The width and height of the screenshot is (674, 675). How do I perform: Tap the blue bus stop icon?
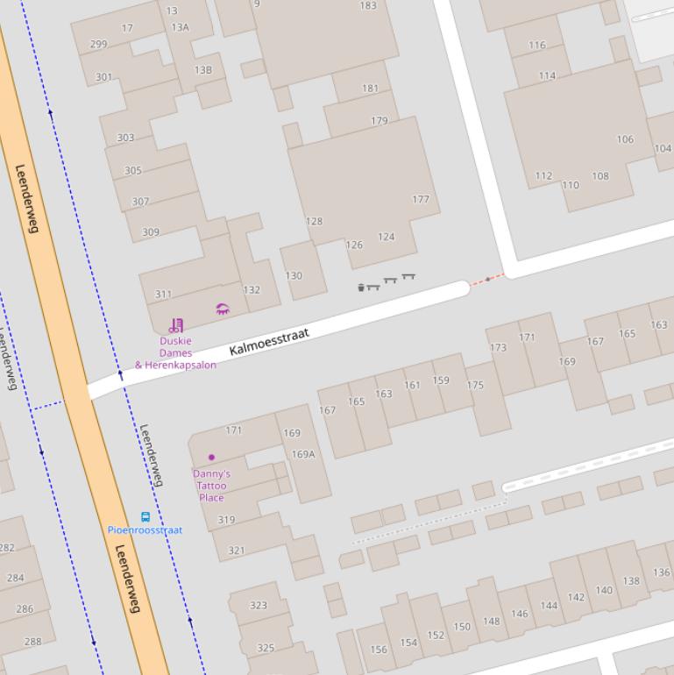point(145,516)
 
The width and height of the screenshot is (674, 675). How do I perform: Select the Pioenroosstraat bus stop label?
point(145,529)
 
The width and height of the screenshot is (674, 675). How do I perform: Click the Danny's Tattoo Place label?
point(211,486)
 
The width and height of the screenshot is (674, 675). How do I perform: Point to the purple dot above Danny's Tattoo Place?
point(211,457)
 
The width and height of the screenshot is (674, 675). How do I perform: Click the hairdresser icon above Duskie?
point(176,325)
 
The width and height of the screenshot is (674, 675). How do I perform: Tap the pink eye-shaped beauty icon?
point(223,309)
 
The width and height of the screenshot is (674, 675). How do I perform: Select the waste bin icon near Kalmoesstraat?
point(361,287)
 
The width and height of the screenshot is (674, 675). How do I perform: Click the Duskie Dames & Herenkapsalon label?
point(175,353)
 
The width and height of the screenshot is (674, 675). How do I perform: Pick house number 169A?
point(303,454)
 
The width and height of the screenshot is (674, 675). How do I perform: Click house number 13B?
point(203,70)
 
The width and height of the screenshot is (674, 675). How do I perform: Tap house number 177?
point(421,199)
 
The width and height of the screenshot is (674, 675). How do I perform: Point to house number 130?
point(294,275)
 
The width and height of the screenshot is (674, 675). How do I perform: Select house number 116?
point(537,45)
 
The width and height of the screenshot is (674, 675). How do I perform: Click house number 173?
point(499,347)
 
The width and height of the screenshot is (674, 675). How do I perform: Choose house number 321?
point(237,551)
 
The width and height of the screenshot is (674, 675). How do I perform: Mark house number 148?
point(491,622)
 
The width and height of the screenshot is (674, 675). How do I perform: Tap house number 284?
point(16,578)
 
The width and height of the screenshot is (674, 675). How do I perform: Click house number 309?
point(151,232)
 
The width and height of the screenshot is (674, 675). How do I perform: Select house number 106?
point(625,139)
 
